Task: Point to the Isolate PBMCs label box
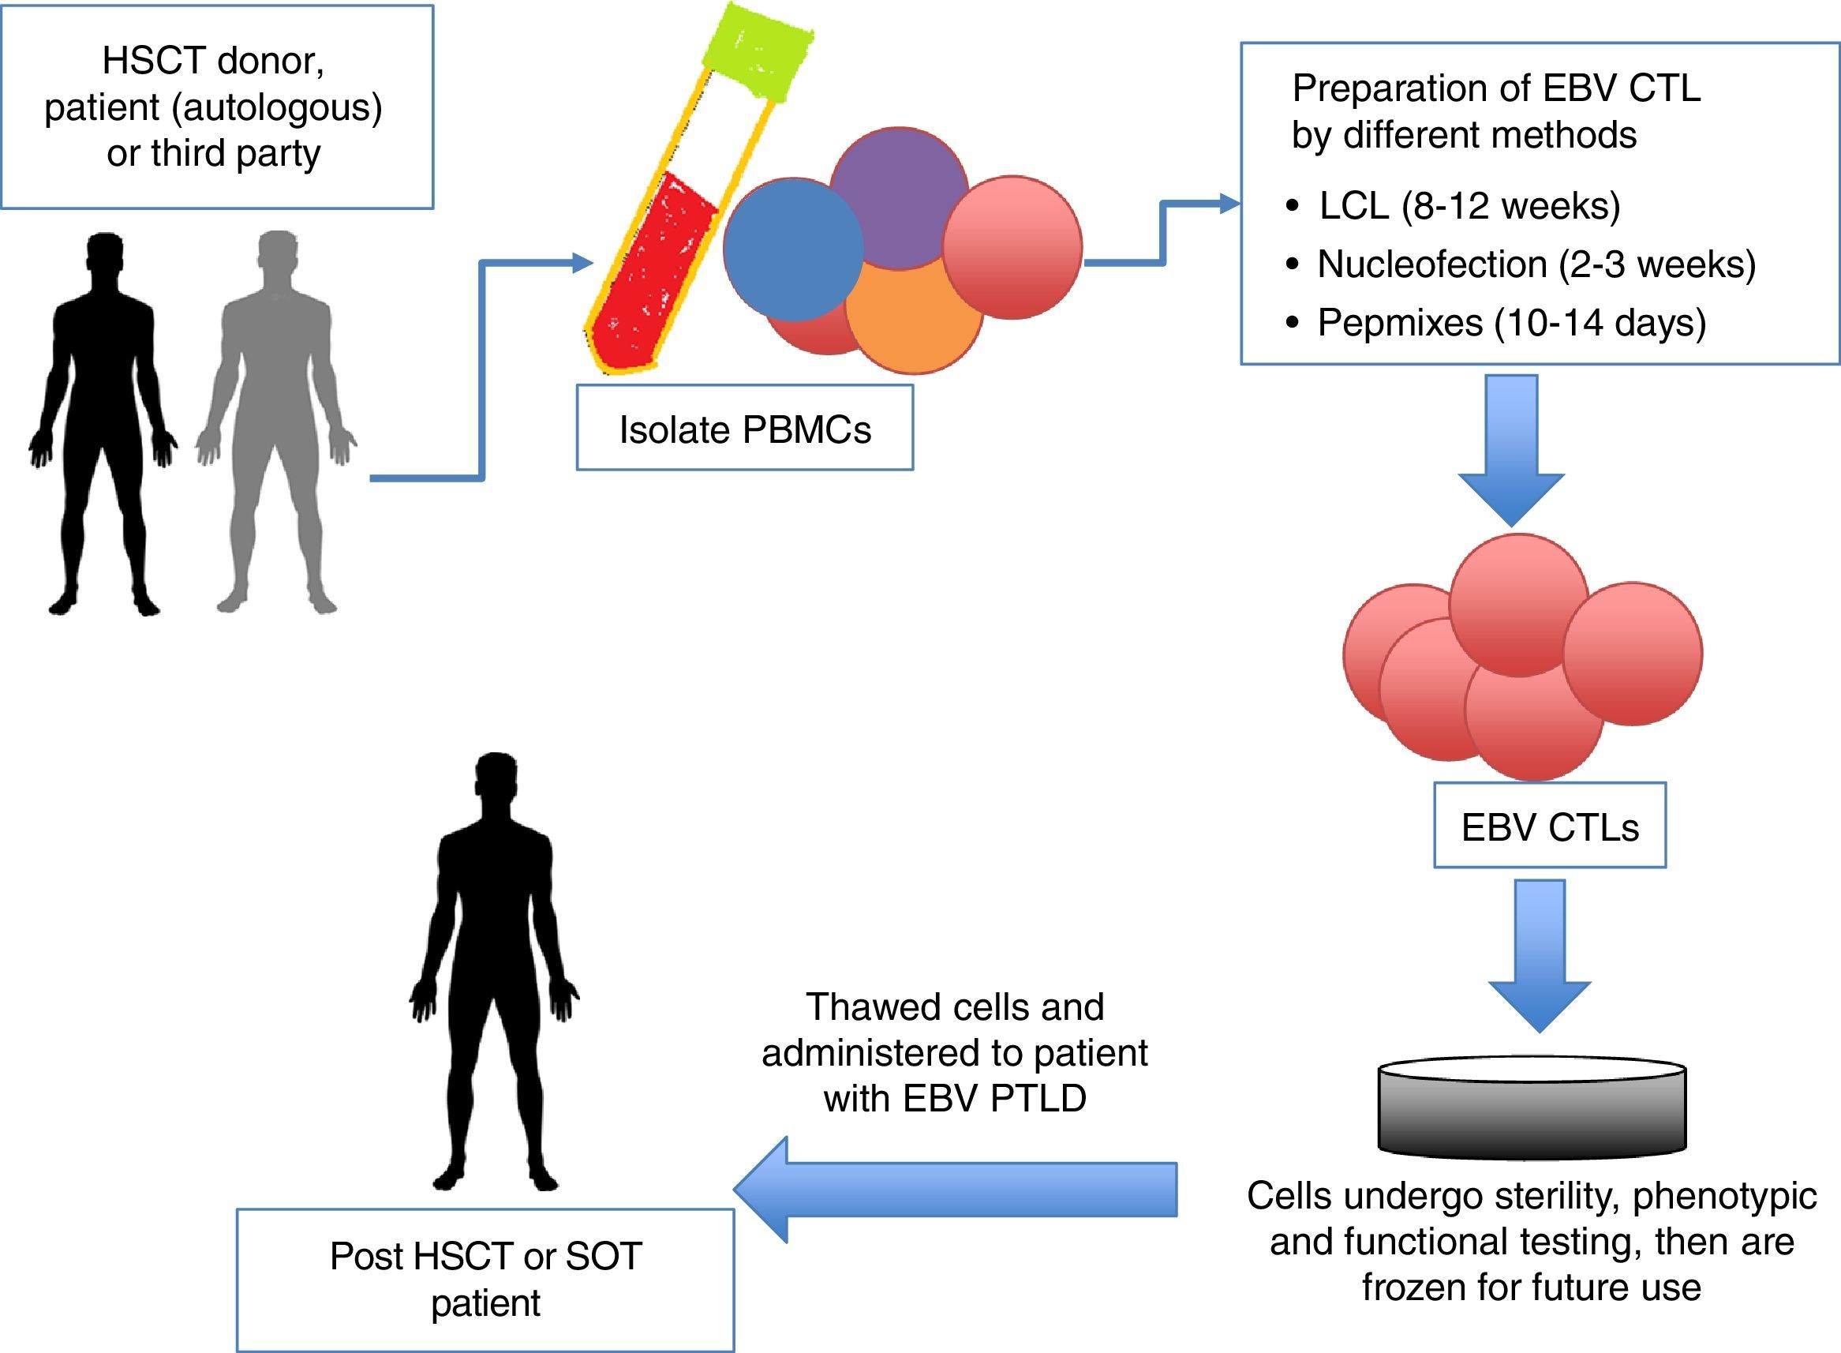[745, 429]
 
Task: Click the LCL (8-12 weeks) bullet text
[1469, 205]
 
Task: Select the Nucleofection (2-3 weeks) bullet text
[1536, 264]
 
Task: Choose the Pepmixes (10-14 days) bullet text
[1511, 323]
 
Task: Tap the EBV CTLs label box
[1550, 827]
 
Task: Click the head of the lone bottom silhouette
[496, 778]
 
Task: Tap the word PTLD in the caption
[1038, 1099]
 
